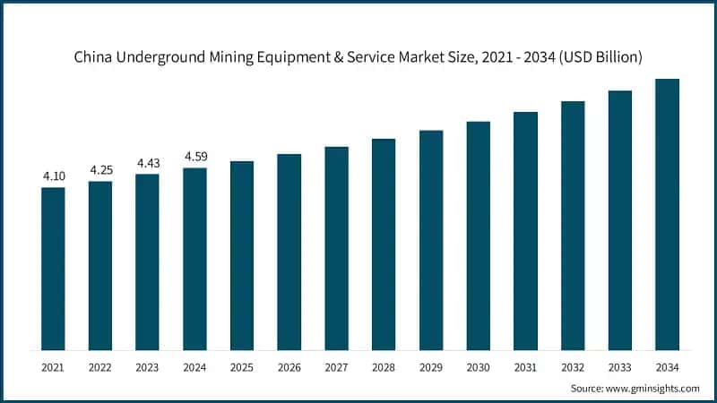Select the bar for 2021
pos(53,269)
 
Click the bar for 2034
pos(667,215)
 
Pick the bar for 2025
pos(242,255)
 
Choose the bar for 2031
pos(525,231)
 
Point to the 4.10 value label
pos(54,176)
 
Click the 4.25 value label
pos(100,170)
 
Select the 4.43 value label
pos(148,163)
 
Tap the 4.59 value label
pos(195,157)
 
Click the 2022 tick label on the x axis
pos(100,367)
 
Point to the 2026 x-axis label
pos(289,367)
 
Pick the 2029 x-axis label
pos(431,367)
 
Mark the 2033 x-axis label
pos(620,367)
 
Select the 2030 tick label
pos(478,367)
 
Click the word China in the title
pos(93,57)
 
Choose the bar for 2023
pos(148,262)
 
